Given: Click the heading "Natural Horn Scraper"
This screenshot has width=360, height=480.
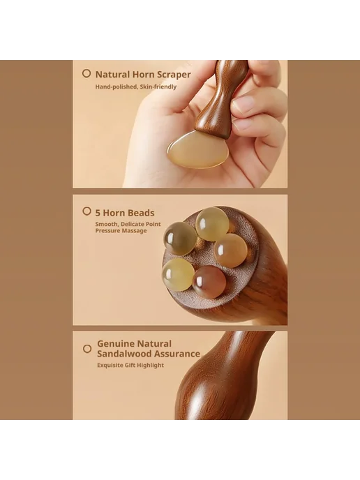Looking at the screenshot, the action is [143, 75].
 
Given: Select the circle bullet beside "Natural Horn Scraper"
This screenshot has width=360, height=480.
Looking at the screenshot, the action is [87, 73].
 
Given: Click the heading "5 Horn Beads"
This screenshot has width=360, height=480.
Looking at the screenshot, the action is [125, 213].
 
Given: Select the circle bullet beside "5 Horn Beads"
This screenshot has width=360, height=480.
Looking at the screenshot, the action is [87, 211].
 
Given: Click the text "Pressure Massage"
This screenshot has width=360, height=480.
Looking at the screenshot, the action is [121, 231].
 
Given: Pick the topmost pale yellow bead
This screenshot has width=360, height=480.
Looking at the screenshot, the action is [212, 224].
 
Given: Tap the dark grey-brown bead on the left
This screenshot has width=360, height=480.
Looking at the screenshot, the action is [180, 238].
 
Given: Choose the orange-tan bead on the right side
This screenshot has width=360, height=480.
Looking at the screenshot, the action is [231, 250].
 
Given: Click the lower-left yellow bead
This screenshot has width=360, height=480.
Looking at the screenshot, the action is [178, 274].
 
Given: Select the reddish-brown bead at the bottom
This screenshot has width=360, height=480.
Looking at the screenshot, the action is [209, 282].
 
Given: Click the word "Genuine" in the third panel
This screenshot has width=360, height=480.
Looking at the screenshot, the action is [115, 344].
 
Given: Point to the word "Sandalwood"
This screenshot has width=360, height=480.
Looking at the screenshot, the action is [124, 354].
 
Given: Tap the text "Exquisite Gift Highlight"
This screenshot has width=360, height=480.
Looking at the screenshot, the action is [130, 365].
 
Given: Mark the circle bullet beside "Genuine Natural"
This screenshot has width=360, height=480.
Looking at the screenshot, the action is [87, 349].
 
